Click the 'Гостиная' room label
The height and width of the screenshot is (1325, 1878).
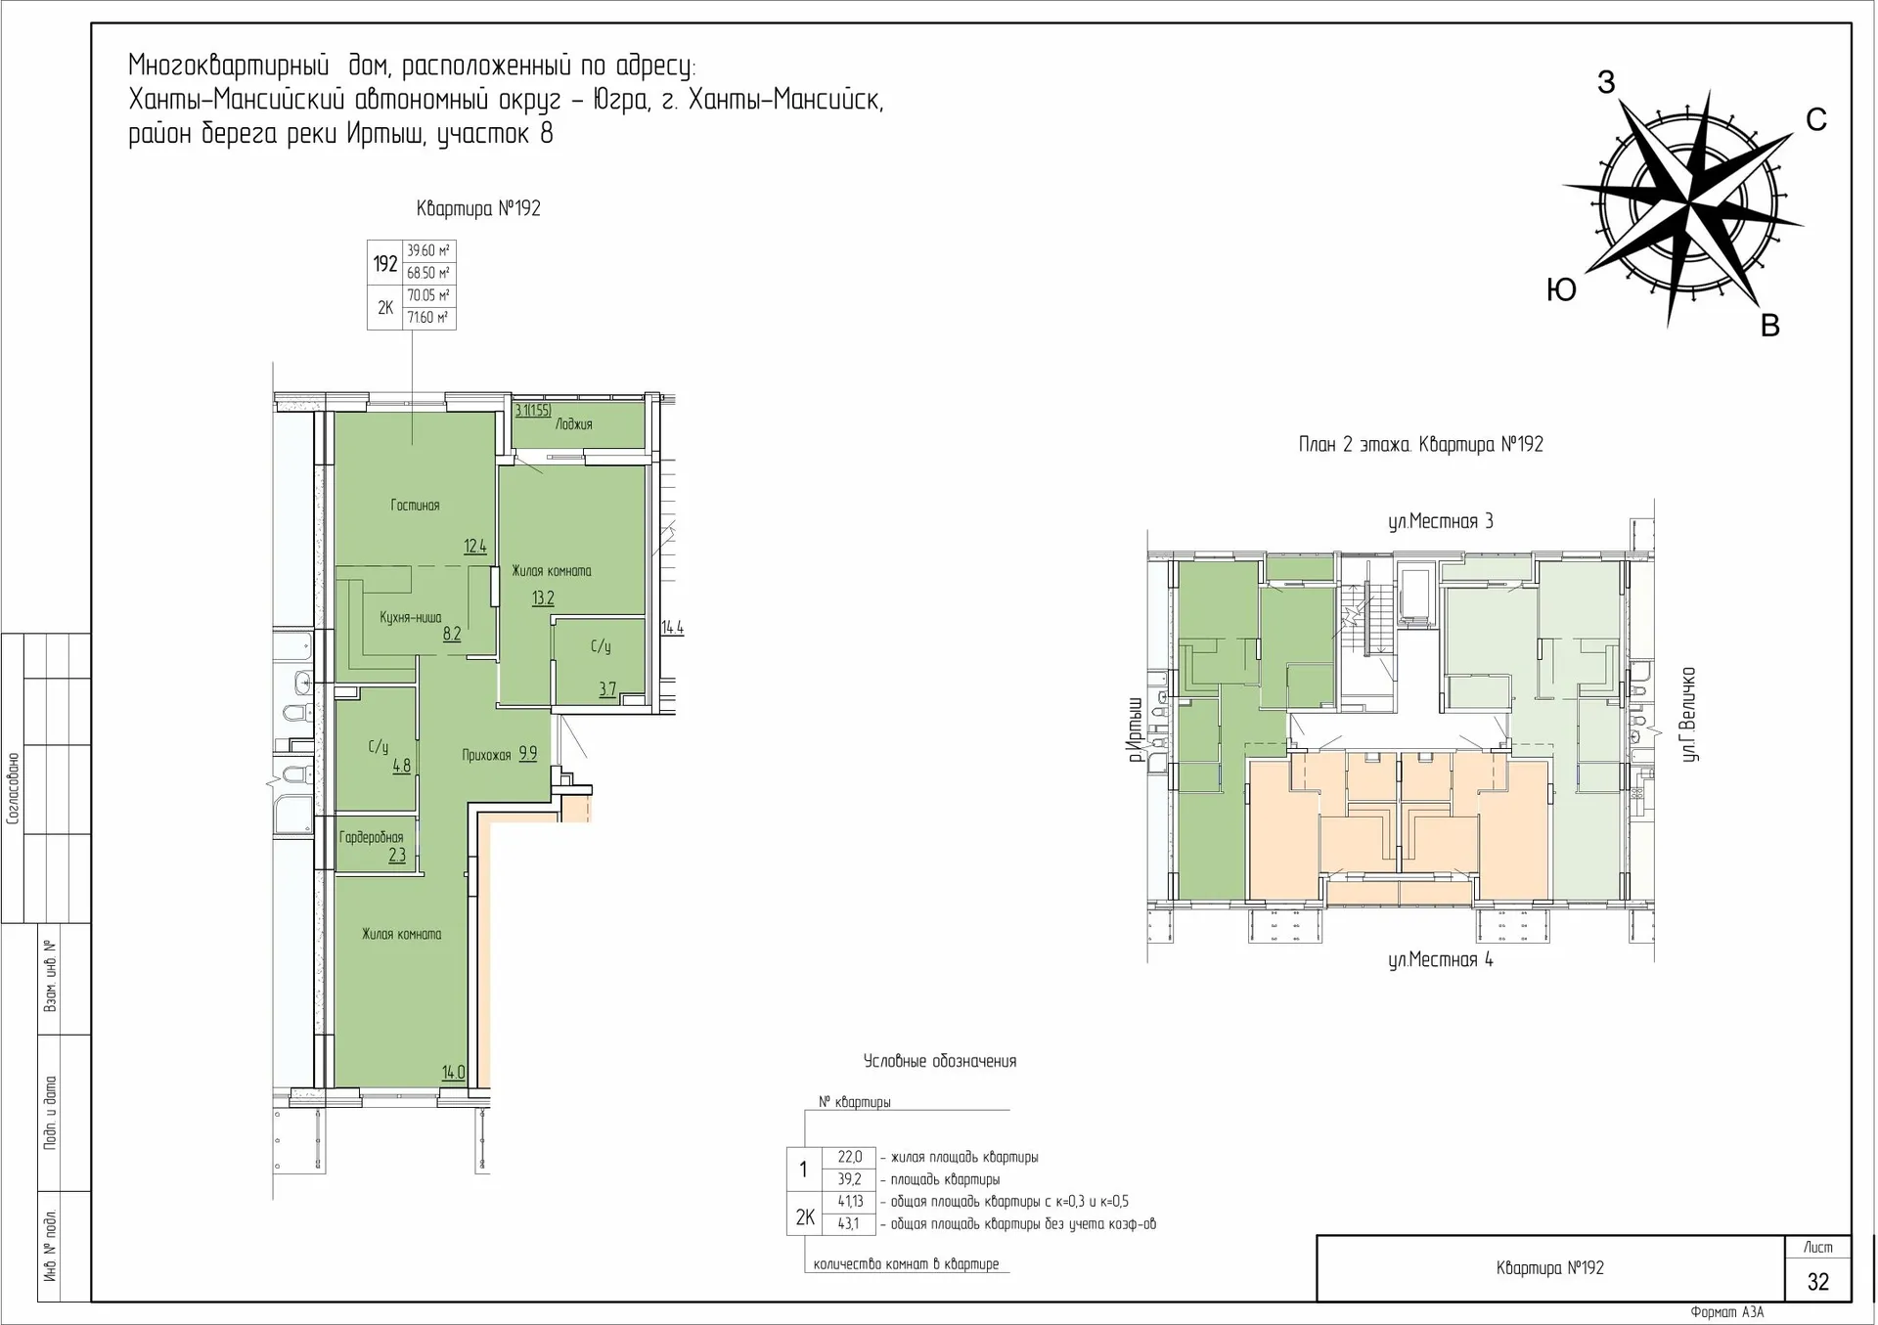(415, 506)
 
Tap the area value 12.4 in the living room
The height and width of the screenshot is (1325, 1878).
(475, 547)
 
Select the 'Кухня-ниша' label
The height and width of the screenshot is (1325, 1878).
(410, 618)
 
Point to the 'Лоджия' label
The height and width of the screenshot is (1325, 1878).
(574, 424)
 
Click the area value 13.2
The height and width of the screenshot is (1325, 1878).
(543, 598)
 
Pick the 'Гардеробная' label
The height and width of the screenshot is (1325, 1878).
(371, 837)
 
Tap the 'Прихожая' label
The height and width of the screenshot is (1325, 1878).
(486, 755)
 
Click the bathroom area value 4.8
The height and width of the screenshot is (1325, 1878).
(402, 767)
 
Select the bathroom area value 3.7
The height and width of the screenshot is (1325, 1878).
(607, 689)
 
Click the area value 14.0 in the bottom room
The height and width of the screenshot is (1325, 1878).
(453, 1073)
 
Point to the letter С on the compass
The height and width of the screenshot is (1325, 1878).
(1815, 120)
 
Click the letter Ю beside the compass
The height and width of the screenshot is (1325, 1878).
(1561, 290)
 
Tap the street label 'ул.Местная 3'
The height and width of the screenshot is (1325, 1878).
(1440, 522)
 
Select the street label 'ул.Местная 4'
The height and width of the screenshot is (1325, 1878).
(1440, 960)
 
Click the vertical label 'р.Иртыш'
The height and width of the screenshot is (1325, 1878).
(1135, 729)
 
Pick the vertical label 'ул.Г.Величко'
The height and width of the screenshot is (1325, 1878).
(1689, 715)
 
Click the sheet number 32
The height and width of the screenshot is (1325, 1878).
(1817, 1282)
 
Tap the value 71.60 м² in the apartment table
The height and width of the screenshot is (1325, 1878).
(427, 318)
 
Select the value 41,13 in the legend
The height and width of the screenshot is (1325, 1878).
(850, 1202)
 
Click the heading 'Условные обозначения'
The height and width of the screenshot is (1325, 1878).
(939, 1062)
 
